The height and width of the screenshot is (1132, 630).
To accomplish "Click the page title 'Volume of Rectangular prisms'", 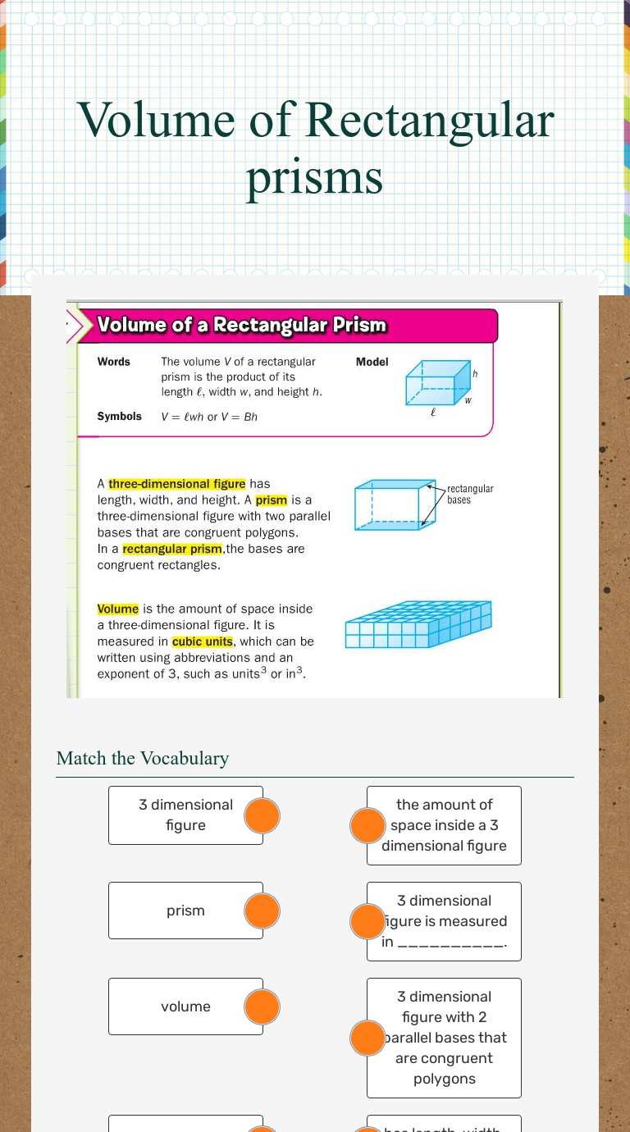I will (315, 148).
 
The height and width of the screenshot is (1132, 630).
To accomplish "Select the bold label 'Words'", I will (113, 362).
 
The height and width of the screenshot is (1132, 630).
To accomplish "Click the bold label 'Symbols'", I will (119, 417).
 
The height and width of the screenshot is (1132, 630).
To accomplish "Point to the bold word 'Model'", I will (372, 362).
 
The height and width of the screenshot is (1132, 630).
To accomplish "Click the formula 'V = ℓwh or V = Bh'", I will (209, 417).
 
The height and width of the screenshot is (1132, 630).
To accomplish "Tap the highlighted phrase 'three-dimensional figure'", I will (176, 484).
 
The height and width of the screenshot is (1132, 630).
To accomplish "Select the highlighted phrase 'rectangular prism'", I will (172, 549).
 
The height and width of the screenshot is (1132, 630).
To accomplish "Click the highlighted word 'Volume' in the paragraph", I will (118, 609).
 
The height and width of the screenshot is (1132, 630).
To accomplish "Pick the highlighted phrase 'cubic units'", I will (203, 641).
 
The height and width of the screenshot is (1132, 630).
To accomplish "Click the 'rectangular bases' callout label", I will (469, 494).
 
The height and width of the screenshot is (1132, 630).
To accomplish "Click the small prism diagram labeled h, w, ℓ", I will (437, 382).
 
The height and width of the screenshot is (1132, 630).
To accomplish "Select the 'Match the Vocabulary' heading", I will (143, 758).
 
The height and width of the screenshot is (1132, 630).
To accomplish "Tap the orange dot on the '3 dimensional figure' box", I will (262, 815).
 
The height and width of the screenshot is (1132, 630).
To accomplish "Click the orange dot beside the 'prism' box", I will (262, 911).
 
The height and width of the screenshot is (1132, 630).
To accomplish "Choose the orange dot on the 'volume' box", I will (262, 1007).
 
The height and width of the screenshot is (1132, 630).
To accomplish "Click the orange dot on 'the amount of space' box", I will (367, 825).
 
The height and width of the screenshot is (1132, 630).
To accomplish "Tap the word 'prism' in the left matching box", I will (185, 911).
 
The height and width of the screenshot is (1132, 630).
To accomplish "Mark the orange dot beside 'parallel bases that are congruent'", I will (367, 1038).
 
